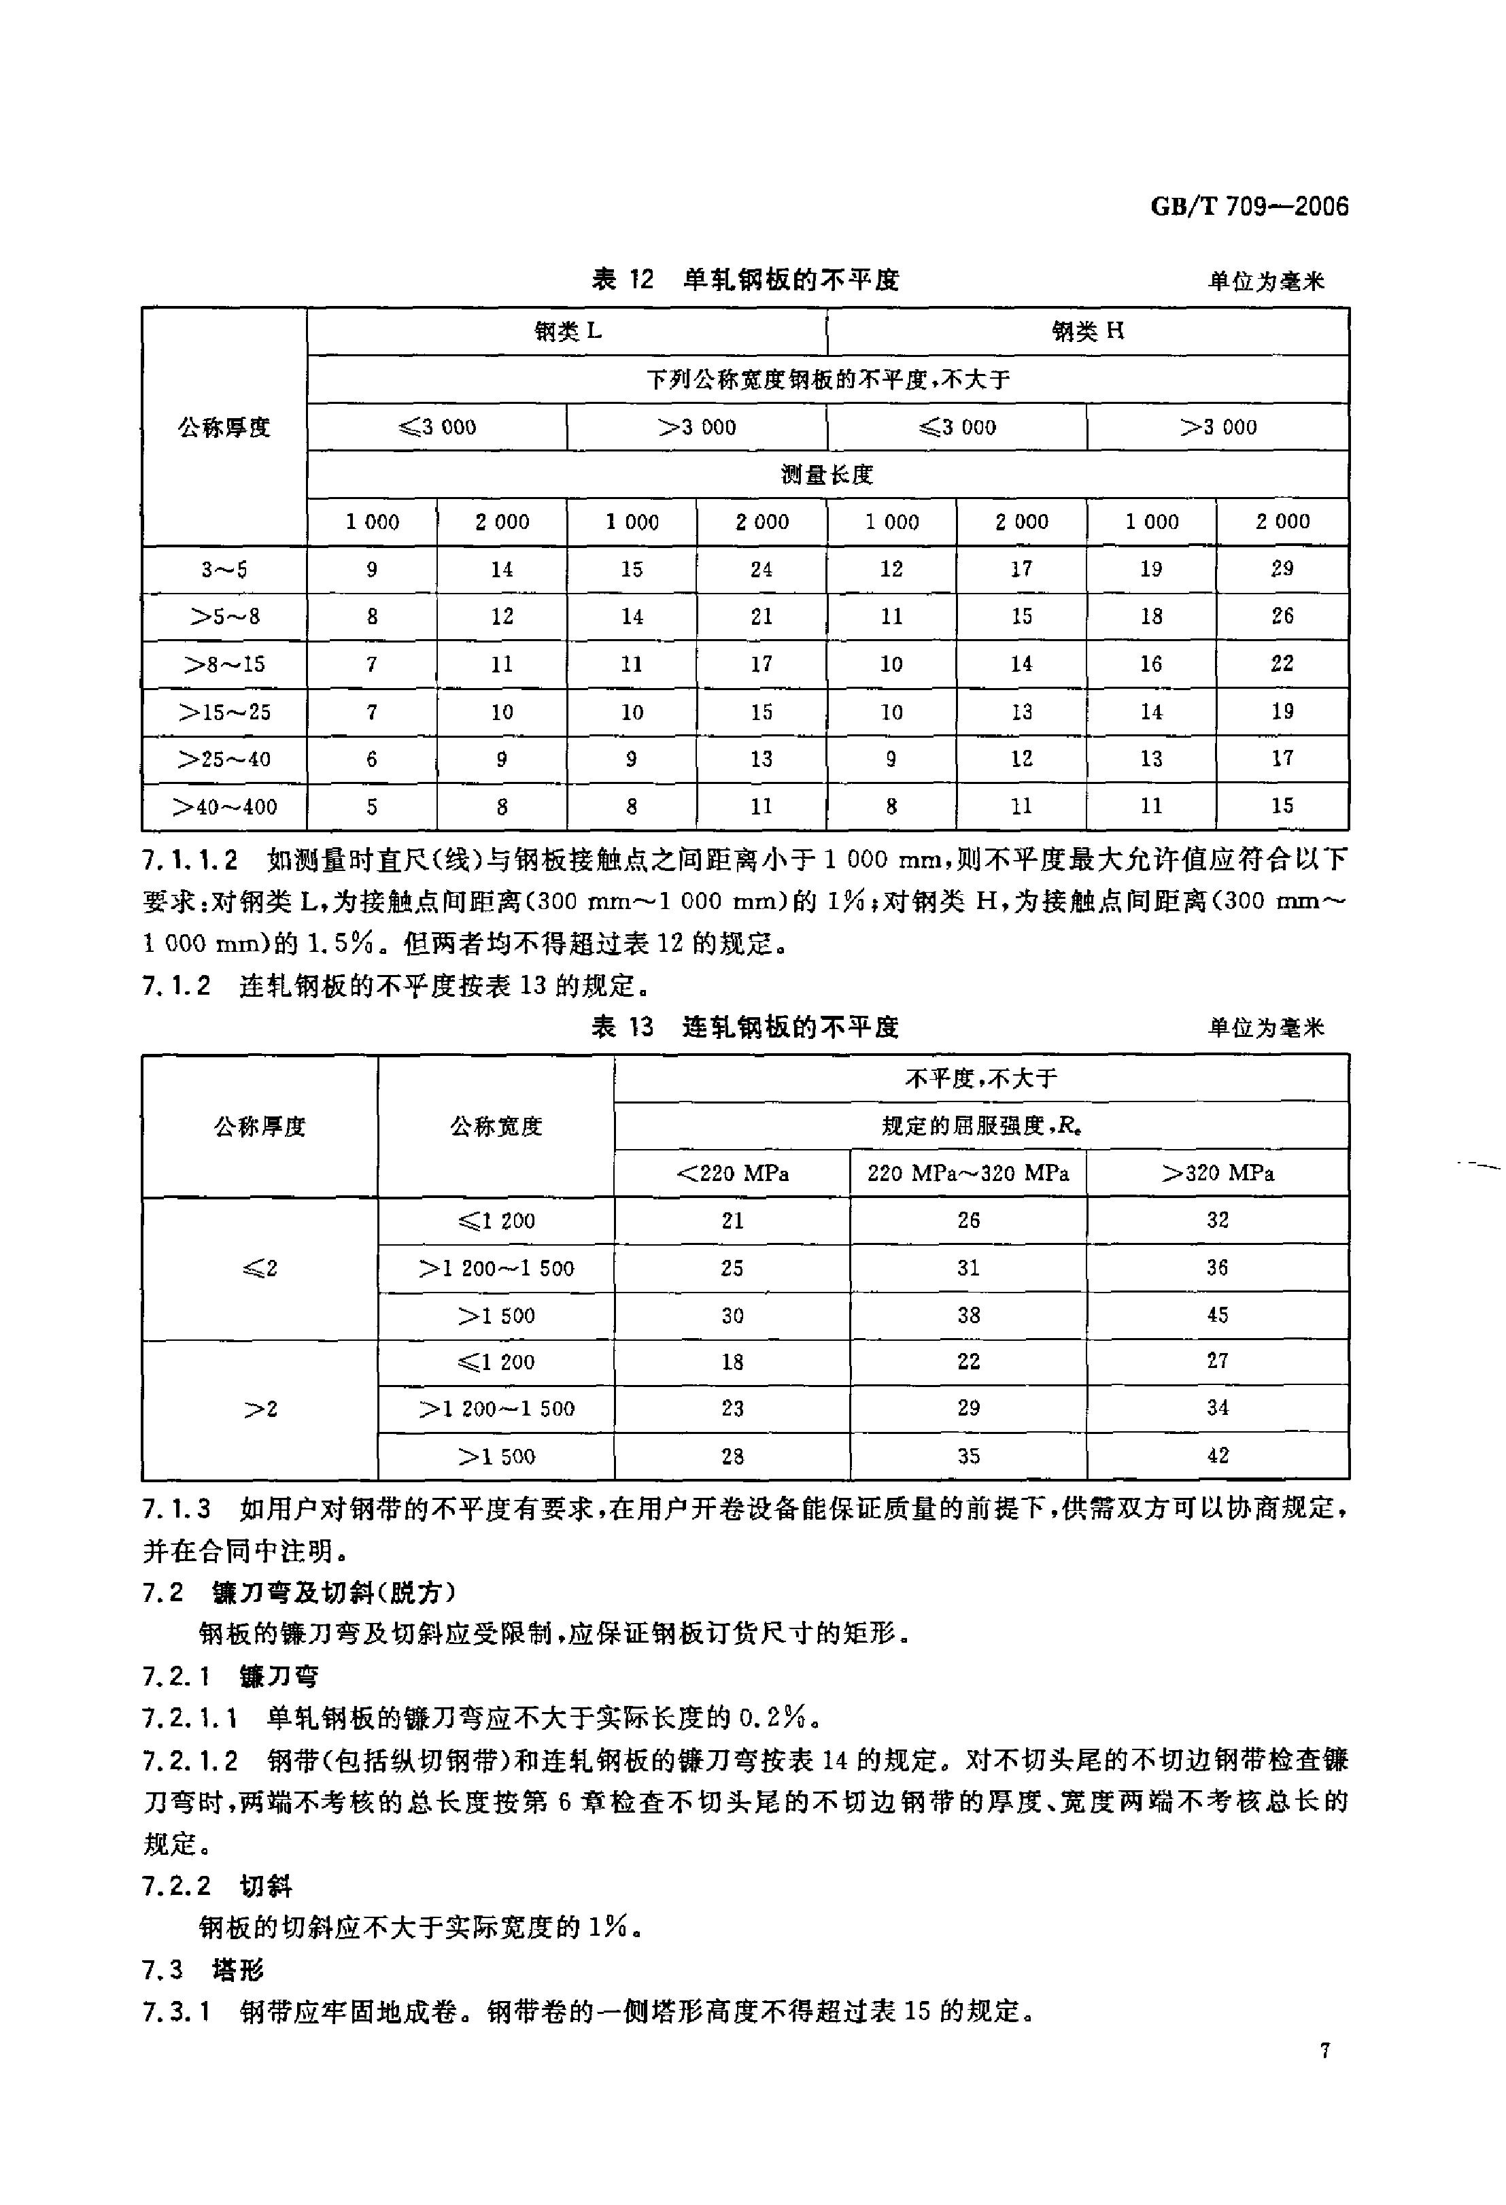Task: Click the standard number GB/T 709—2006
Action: pyautogui.click(x=1249, y=207)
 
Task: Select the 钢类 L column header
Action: pyautogui.click(x=568, y=331)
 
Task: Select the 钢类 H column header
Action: pyautogui.click(x=1087, y=331)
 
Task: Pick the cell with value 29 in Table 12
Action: pyautogui.click(x=1282, y=568)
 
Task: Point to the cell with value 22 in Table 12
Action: pyautogui.click(x=1282, y=663)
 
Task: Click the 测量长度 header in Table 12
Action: pyautogui.click(x=827, y=475)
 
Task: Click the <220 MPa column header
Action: pyautogui.click(x=732, y=1174)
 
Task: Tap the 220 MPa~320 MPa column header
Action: pyautogui.click(x=968, y=1174)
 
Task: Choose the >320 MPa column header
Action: pyautogui.click(x=1218, y=1174)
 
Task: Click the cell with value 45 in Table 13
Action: pyautogui.click(x=1218, y=1315)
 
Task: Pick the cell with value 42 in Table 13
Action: pyautogui.click(x=1218, y=1456)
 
